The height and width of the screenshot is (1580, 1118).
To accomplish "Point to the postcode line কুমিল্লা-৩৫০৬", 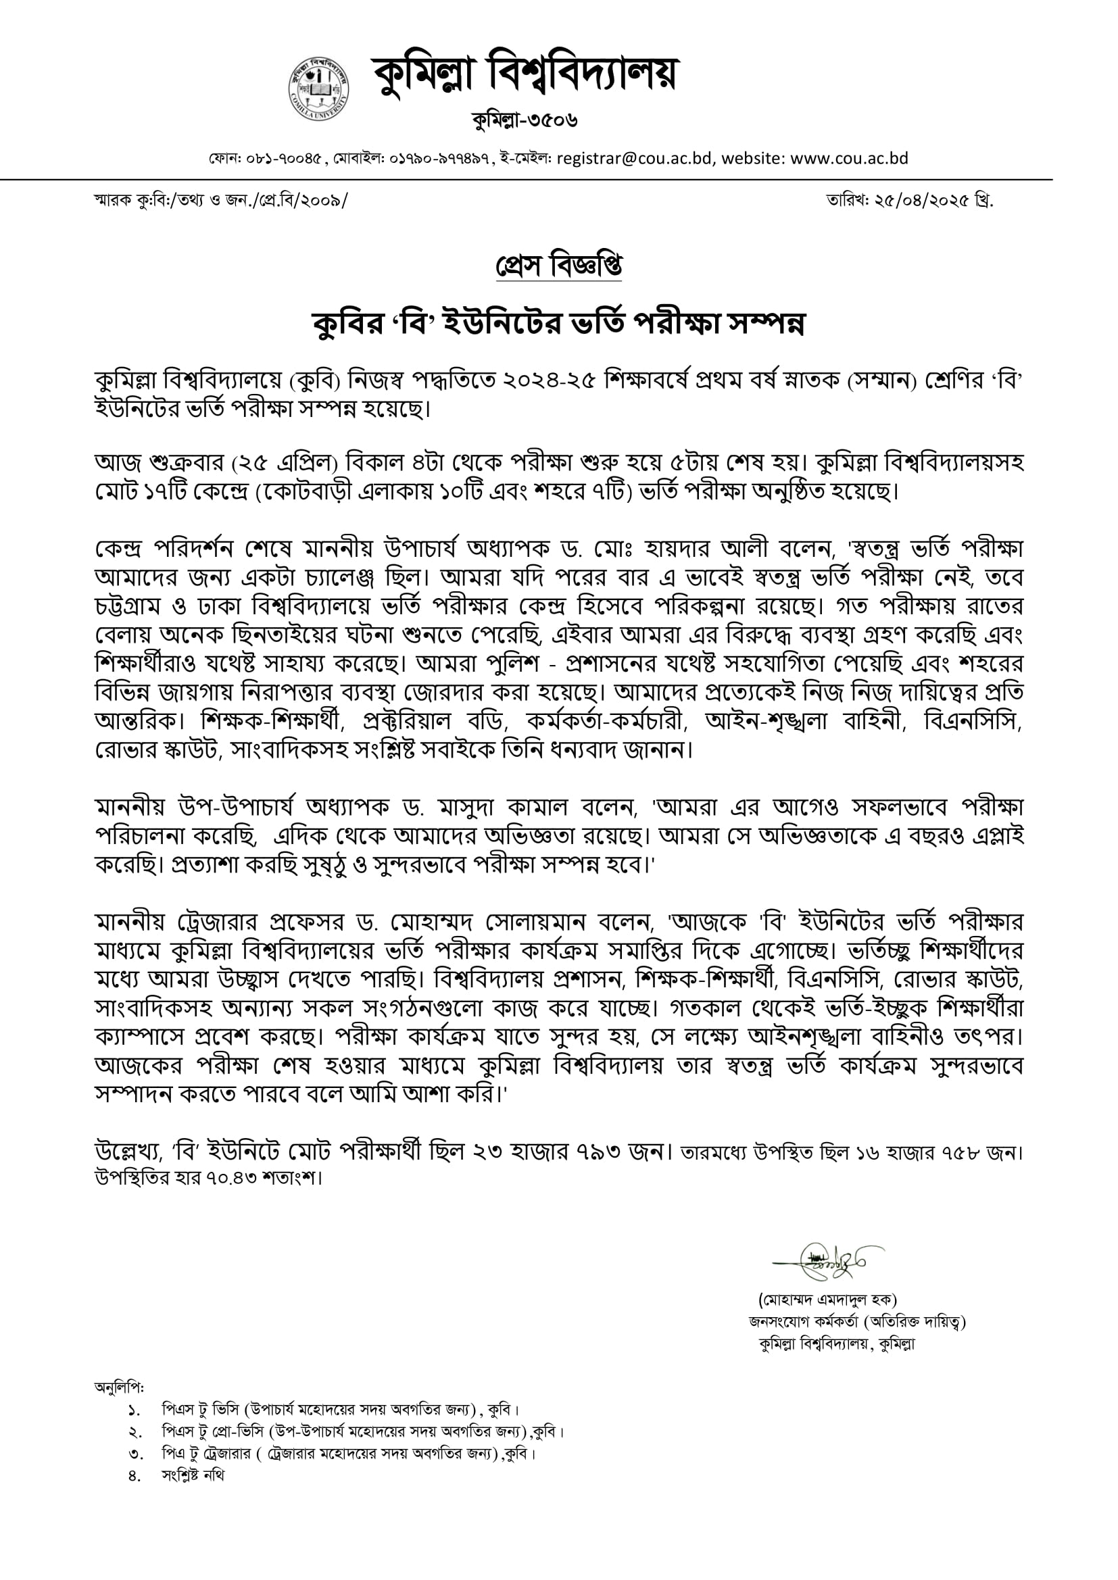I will click(525, 120).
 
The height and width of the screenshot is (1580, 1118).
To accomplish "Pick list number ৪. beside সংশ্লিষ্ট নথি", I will click(135, 1475).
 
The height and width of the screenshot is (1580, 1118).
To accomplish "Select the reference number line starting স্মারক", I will click(221, 200).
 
